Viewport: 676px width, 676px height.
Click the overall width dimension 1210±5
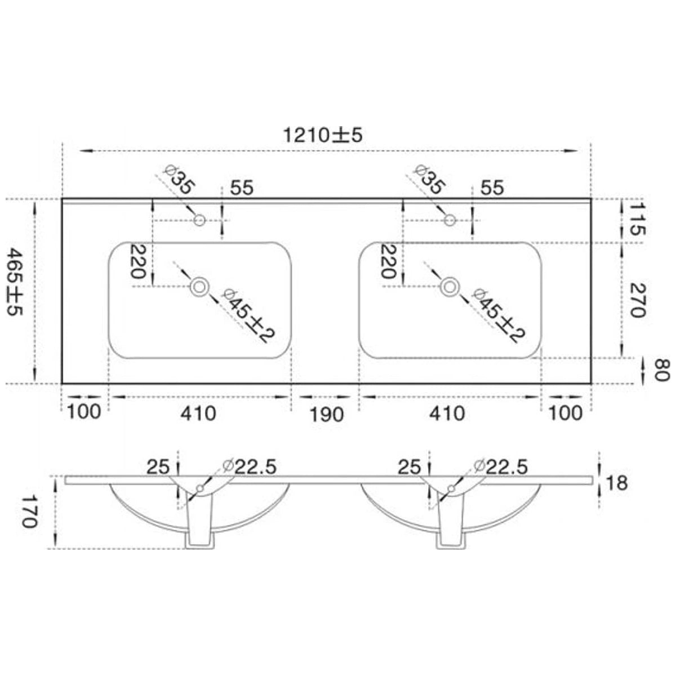pos(322,135)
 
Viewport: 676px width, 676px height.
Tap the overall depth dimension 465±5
pos(15,282)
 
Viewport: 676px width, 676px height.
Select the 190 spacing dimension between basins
pos(327,415)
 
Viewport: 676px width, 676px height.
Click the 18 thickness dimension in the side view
pos(616,483)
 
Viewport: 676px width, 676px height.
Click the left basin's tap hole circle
pos(199,220)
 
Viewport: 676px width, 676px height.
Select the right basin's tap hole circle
pos(450,220)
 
